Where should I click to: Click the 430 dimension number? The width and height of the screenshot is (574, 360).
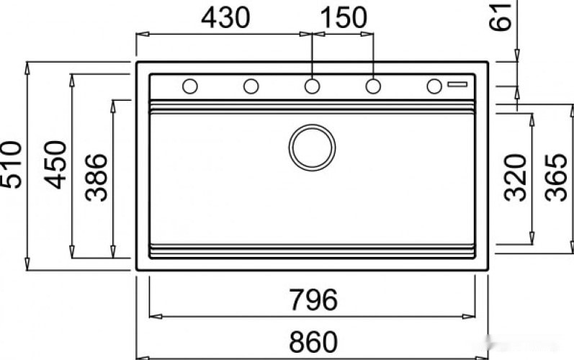(x=225, y=18)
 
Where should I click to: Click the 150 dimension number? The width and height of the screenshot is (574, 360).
(x=344, y=18)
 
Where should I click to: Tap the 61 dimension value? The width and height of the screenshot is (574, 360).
(x=500, y=17)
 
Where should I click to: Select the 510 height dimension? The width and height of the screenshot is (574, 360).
(x=11, y=165)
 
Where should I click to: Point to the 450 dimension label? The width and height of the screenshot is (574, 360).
(x=55, y=165)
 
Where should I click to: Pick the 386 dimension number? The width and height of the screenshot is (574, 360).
(x=97, y=178)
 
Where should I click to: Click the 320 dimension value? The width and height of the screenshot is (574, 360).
(x=515, y=178)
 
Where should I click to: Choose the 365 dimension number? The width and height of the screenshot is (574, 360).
(x=556, y=178)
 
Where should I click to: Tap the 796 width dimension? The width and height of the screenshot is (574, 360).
(x=313, y=300)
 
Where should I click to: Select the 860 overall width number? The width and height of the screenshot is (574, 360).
(x=313, y=342)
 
